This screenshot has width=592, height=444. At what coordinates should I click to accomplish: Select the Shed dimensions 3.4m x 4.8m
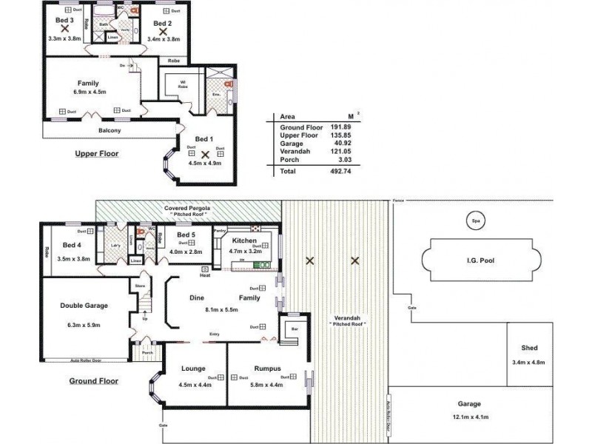click(528, 362)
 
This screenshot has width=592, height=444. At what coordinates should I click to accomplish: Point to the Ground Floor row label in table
click(300, 128)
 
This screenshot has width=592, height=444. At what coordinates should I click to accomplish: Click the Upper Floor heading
click(96, 154)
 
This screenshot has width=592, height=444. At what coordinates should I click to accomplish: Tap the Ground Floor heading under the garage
click(94, 382)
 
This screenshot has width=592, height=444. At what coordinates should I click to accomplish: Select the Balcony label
click(110, 131)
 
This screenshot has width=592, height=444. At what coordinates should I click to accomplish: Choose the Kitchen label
click(244, 241)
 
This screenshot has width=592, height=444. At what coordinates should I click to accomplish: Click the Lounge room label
click(194, 369)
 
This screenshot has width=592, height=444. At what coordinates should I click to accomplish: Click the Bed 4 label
click(71, 245)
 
